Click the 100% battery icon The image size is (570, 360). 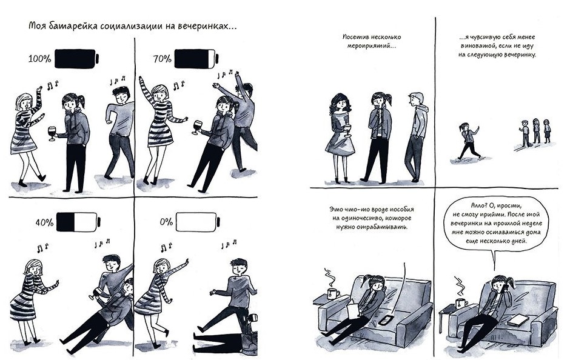coord(76,59)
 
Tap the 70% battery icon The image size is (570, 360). coord(196,59)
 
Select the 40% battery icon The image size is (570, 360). coord(78,222)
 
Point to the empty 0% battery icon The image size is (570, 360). coord(198,222)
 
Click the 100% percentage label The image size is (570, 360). coord(39,59)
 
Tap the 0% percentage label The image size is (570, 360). coord(166,222)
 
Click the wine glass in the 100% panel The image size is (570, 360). coord(52,133)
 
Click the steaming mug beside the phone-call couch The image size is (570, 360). coord(461,302)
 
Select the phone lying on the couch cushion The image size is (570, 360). coord(386,320)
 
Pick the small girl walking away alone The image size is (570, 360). coord(468,141)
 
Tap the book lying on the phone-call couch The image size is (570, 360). coord(518,320)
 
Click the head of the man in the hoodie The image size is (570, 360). coord(416,99)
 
